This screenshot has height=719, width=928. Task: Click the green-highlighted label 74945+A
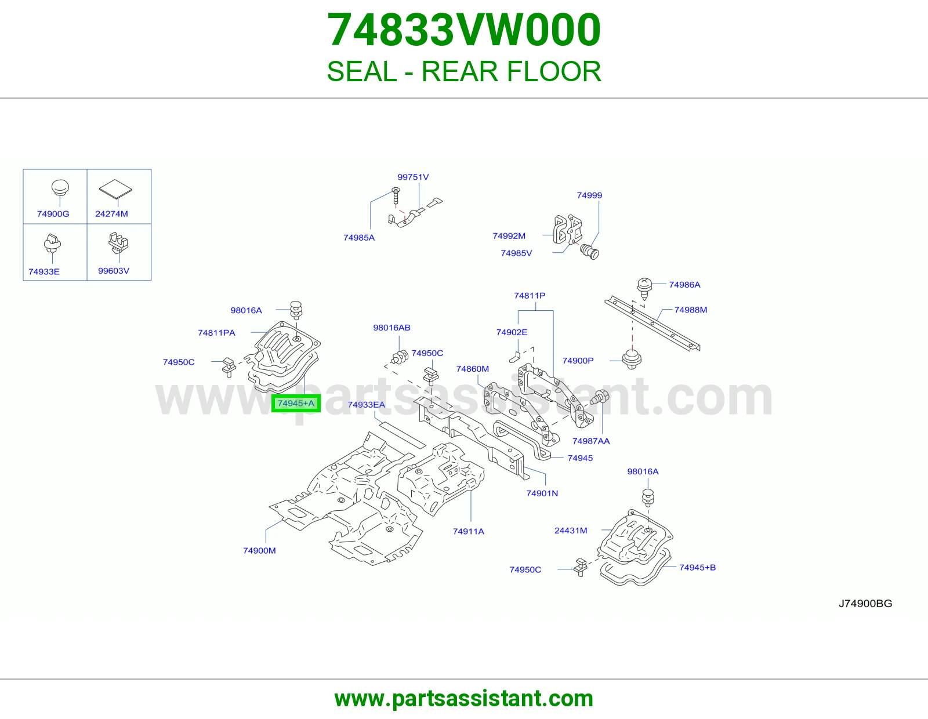point(296,403)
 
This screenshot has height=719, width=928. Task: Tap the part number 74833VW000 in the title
point(464,30)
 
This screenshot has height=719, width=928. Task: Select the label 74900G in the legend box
point(53,213)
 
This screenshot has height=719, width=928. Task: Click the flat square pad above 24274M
point(115,188)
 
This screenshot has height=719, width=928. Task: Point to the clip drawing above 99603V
point(118,242)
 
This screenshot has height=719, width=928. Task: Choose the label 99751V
point(413,177)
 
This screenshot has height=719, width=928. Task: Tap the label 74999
point(589,195)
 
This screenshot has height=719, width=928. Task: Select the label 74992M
point(509,235)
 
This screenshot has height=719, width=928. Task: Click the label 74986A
point(684,284)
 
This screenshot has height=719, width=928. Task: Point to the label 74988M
point(691,310)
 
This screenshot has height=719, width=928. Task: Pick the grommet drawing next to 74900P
point(632,359)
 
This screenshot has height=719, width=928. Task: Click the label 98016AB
point(391,328)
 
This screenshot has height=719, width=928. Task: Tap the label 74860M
point(472,368)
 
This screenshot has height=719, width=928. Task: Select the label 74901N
point(542,493)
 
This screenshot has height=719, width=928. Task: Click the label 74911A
point(469,531)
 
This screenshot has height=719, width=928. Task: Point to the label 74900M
point(259,550)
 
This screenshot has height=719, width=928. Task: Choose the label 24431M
point(571,531)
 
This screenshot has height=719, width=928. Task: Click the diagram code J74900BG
point(865,603)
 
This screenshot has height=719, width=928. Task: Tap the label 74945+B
point(697,568)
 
